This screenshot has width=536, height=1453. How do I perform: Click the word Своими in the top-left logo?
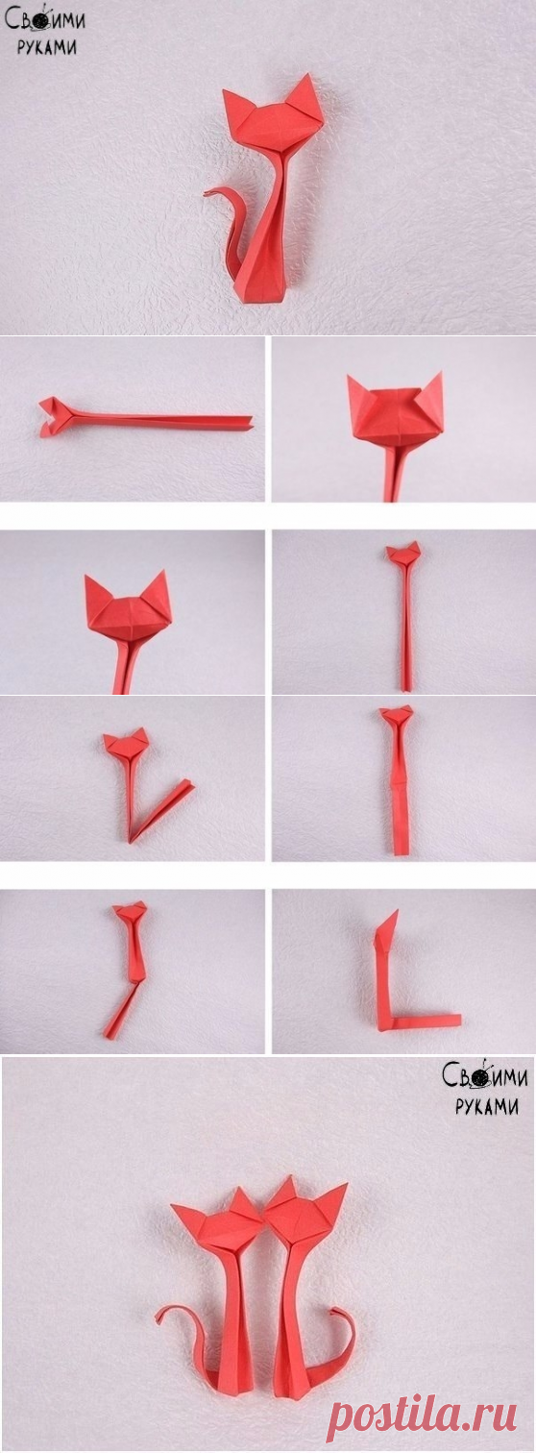(x=45, y=20)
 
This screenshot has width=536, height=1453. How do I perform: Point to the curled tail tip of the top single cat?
(x=208, y=193)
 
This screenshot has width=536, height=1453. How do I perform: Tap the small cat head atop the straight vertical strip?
(x=403, y=552)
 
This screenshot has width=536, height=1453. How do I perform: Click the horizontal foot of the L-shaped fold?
(x=423, y=1020)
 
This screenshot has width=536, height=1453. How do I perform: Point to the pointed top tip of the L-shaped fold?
(x=397, y=911)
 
